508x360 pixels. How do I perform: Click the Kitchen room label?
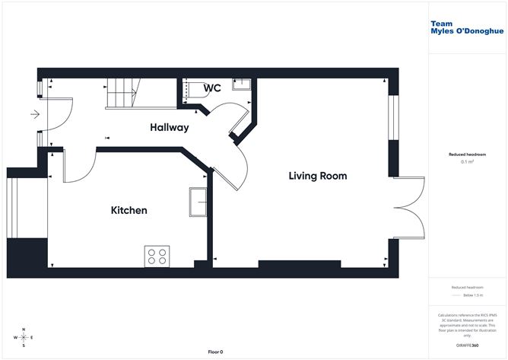[x=129, y=210]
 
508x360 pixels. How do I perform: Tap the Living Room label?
[x=317, y=176]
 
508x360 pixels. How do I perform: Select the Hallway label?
[x=169, y=128]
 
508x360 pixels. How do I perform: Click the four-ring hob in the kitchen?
[x=157, y=256]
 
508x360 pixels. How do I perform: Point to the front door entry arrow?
[x=34, y=115]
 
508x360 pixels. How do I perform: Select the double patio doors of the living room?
[x=411, y=207]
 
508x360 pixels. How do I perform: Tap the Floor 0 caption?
[x=215, y=352]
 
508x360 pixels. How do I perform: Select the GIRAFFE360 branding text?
[x=465, y=346]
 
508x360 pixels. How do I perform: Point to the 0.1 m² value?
[x=467, y=161]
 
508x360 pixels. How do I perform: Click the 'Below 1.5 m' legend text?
[x=471, y=295]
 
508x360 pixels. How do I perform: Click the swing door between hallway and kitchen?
[x=79, y=164]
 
